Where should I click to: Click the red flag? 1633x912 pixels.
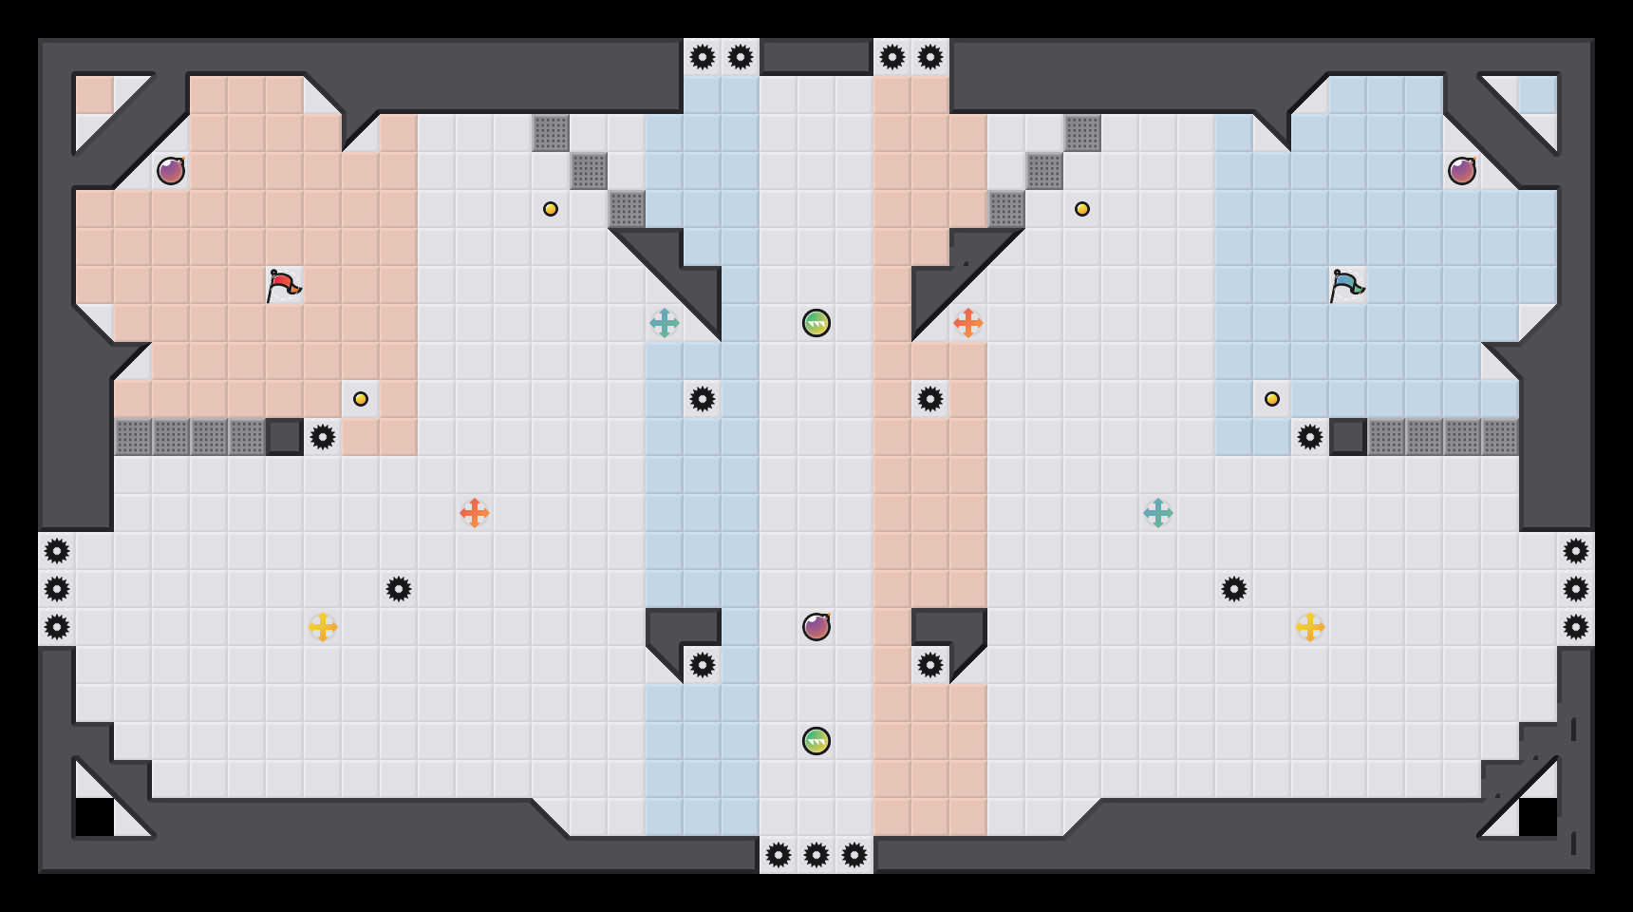coord(283,285)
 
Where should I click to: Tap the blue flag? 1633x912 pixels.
coord(1346,285)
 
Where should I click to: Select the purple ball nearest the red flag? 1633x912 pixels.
coord(171,171)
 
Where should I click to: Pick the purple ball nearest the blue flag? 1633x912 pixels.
coord(1462,171)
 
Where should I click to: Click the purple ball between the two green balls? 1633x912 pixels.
coord(816,627)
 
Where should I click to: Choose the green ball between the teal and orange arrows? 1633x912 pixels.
coord(816,323)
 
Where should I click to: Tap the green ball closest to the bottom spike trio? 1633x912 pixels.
coord(816,741)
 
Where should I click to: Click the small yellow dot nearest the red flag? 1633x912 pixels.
coord(361,399)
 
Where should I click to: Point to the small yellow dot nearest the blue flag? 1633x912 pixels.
coord(1272,399)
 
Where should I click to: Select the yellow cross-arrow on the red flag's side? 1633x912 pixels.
coord(323,627)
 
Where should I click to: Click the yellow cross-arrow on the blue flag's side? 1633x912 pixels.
coord(1310,627)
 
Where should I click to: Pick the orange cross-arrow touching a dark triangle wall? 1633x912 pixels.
coord(968,323)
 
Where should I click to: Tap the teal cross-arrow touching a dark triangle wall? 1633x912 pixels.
coord(665,323)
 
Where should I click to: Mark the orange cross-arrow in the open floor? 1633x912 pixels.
coord(475,513)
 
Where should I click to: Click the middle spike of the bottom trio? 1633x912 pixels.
coord(816,855)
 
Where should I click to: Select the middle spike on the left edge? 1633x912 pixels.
coord(57,589)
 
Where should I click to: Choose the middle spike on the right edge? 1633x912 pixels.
coord(1576,589)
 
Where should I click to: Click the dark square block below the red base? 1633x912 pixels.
coord(285,437)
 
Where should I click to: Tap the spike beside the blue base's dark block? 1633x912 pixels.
coord(1310,437)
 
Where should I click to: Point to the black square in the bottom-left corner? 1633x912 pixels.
coord(95,817)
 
